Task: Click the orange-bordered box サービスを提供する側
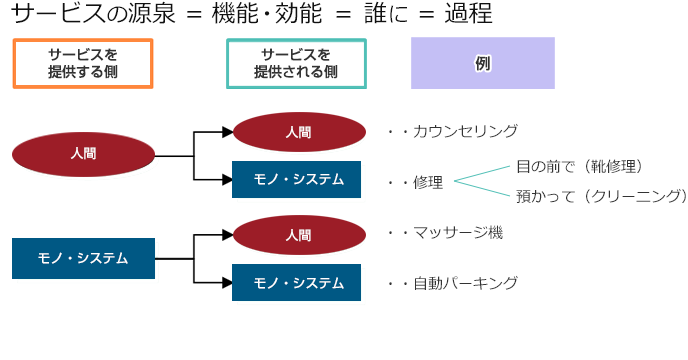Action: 82,64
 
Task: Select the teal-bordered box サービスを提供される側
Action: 296,64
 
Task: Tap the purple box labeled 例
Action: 482,63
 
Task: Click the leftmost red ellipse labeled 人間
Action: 84,155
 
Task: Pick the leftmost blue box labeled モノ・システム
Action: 84,258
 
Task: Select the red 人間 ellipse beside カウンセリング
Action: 298,131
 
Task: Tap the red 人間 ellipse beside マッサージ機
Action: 298,235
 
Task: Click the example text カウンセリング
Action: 465,131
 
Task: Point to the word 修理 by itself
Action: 428,182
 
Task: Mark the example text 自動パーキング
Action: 465,283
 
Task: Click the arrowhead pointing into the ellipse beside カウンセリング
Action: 226,131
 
